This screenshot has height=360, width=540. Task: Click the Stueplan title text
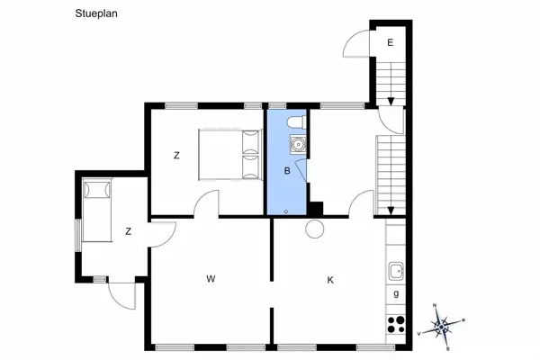[x=96, y=13]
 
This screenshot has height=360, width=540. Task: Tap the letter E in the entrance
[x=391, y=42]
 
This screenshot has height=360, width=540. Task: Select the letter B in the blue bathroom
[x=287, y=170]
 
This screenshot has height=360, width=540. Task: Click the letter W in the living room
[x=211, y=279]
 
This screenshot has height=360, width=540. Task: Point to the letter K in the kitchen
[x=330, y=281]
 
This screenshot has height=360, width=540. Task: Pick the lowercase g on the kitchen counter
[x=396, y=294]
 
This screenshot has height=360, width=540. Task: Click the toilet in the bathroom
[x=296, y=122]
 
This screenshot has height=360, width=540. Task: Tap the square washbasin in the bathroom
[x=298, y=144]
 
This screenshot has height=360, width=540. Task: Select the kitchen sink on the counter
[x=396, y=271]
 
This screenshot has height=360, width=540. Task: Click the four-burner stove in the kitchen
[x=396, y=325]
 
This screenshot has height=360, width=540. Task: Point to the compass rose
[x=441, y=326]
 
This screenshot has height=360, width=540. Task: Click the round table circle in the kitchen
[x=315, y=229]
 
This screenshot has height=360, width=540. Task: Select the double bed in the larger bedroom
[x=229, y=155]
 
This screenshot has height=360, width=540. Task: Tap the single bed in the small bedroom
[x=97, y=210]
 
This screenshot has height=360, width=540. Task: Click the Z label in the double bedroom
[x=176, y=156]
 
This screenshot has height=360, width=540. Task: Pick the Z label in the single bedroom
[x=129, y=231]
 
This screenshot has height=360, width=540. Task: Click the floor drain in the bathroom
[x=286, y=211]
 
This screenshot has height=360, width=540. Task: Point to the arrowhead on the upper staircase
[x=391, y=102]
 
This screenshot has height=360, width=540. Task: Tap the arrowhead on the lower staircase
[x=391, y=211]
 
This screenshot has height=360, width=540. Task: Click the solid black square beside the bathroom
[x=316, y=209]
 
